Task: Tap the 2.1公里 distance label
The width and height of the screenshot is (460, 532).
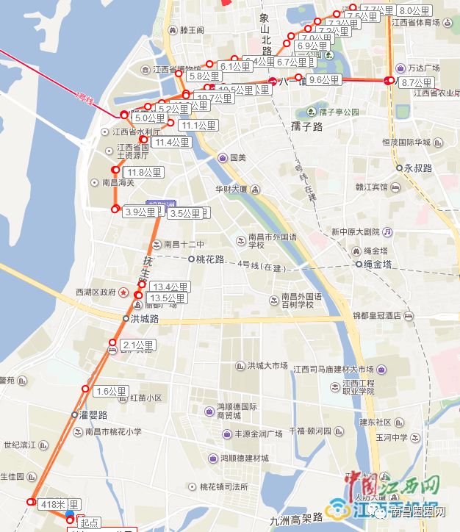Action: click(x=138, y=345)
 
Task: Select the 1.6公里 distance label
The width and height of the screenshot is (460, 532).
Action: click(x=112, y=392)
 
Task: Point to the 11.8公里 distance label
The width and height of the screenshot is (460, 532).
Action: click(x=143, y=173)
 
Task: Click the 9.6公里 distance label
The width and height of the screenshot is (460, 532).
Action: click(x=324, y=79)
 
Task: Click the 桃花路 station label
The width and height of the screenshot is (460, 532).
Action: click(x=209, y=259)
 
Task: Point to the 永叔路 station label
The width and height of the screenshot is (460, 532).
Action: click(x=418, y=168)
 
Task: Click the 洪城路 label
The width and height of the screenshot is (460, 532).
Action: click(x=144, y=318)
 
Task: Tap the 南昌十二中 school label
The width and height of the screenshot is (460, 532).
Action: click(x=184, y=244)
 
